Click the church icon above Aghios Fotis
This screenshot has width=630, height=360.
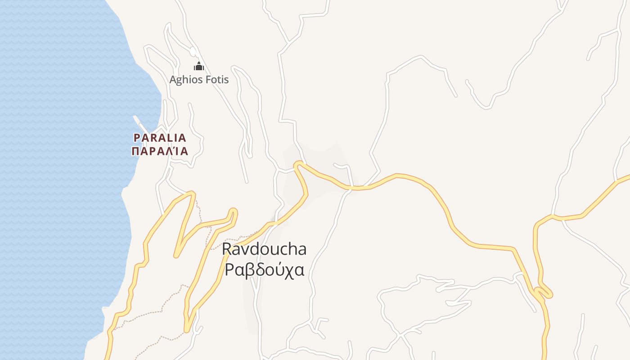point(199,67)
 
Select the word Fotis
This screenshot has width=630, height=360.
point(216,80)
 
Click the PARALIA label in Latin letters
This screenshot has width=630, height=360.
point(160,138)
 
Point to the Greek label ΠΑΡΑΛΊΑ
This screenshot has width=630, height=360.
point(160,151)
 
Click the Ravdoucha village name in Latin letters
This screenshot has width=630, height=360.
point(265,249)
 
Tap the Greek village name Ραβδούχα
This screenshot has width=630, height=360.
point(265,270)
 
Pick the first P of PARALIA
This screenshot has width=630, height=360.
point(137,138)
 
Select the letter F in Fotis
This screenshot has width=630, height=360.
point(207,80)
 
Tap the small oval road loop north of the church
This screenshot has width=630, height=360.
point(193,51)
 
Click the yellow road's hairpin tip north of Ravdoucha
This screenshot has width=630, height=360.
point(298,165)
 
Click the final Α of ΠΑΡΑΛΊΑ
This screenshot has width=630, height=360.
point(184,151)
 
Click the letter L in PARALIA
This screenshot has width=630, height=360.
point(169,138)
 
